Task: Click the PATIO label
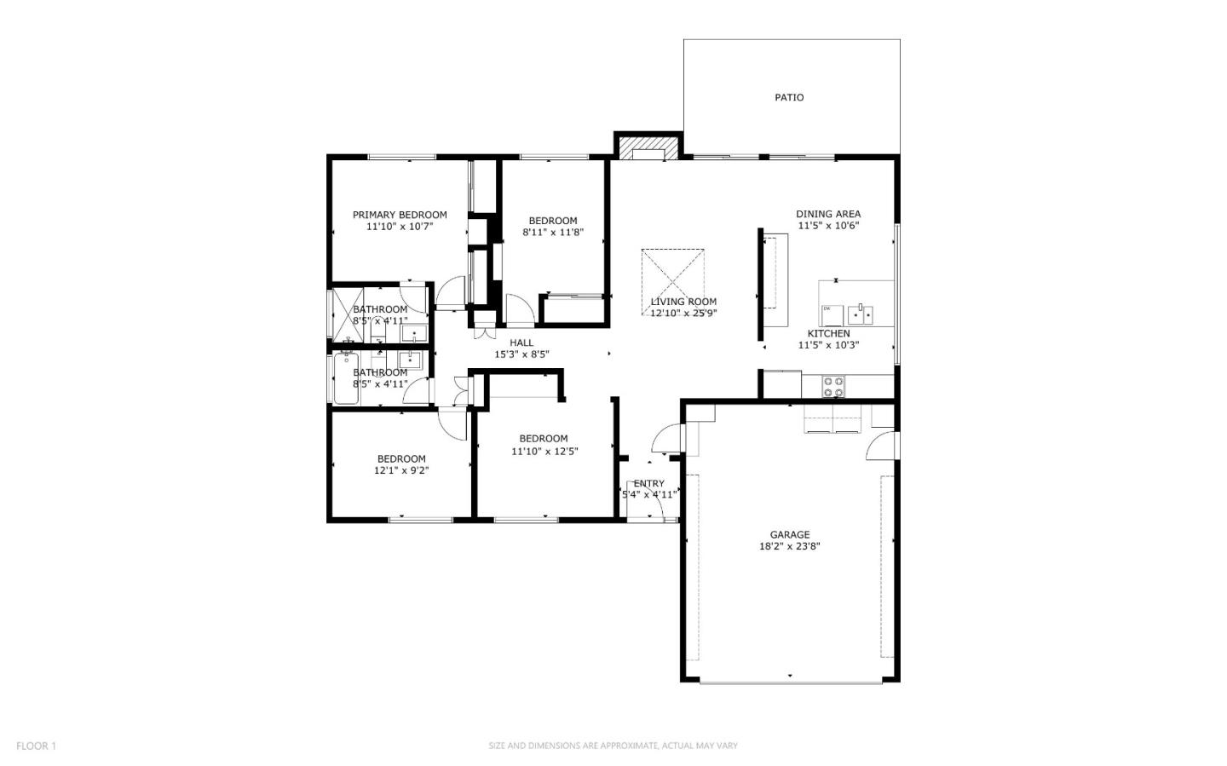[788, 97]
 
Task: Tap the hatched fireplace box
[648, 147]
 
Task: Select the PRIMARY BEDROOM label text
[400, 215]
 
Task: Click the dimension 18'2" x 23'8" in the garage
[789, 546]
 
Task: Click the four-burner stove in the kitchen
[833, 387]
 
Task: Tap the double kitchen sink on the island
[861, 313]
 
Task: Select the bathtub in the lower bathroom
[346, 379]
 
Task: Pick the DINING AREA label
[827, 214]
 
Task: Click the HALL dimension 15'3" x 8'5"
[521, 354]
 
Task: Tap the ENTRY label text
[648, 483]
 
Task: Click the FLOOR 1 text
[36, 746]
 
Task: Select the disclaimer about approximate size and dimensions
[613, 746]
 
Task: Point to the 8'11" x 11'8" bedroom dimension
[552, 232]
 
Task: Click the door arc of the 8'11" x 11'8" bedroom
[519, 308]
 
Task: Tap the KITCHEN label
[828, 333]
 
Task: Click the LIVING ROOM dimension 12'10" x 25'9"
[683, 313]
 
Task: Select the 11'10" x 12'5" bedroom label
[544, 439]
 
